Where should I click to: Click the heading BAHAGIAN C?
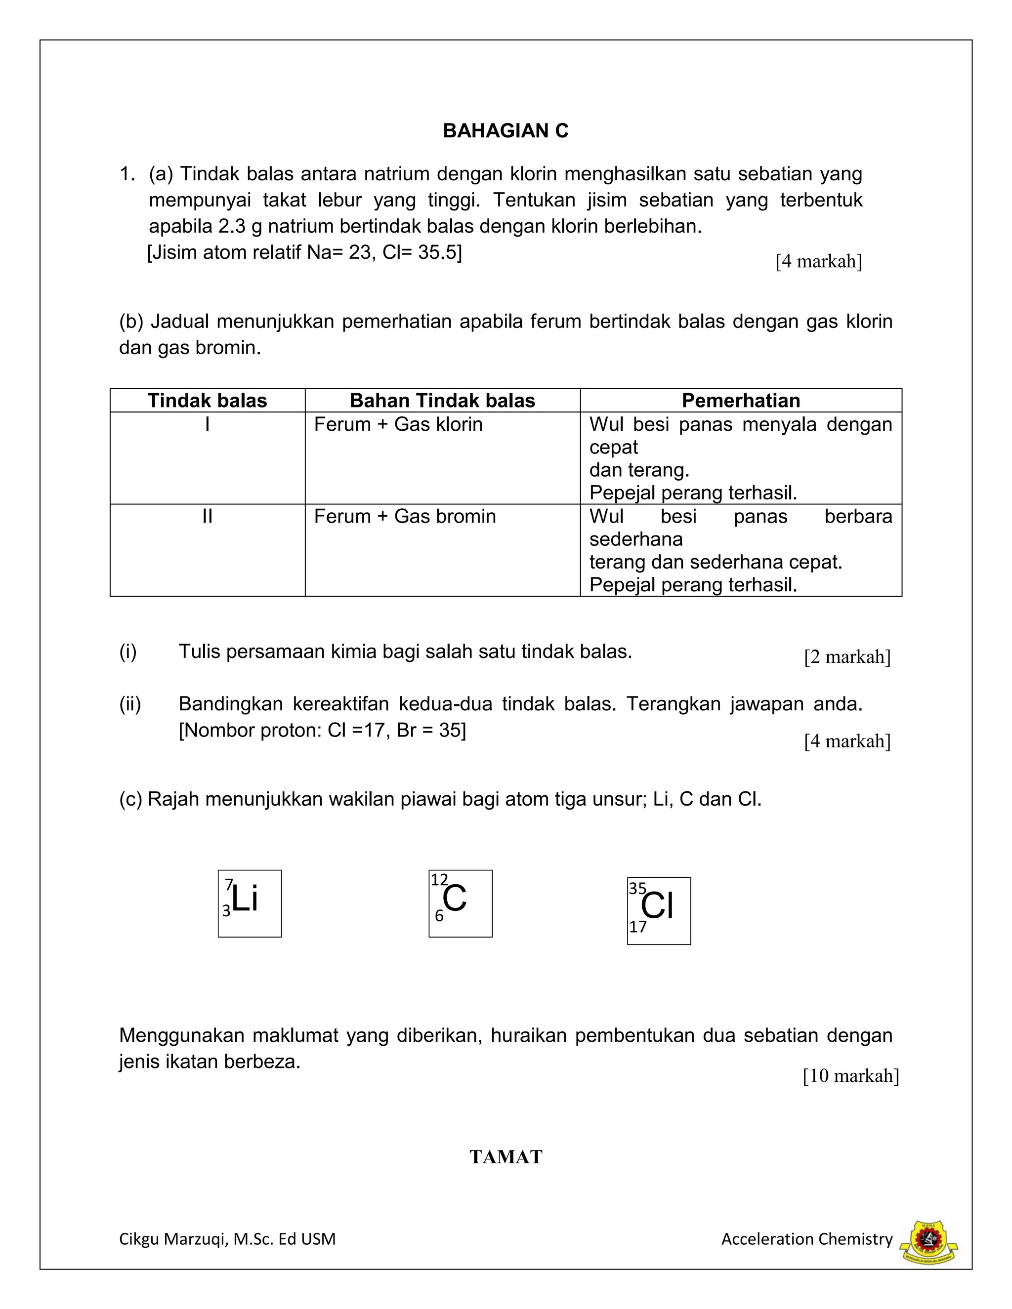pos(506,131)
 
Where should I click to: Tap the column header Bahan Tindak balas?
pos(442,401)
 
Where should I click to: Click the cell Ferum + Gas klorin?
pos(398,424)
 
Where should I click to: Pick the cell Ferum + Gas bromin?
pos(405,516)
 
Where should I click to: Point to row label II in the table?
pos(208,516)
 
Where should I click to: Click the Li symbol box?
pos(250,903)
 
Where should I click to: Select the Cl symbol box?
pos(658,911)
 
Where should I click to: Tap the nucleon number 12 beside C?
pos(439,880)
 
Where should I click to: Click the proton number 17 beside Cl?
pos(637,927)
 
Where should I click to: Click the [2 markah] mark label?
pos(846,657)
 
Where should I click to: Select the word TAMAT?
pos(506,1157)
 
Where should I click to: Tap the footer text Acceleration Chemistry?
pos(806,1239)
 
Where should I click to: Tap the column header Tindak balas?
pos(208,401)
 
